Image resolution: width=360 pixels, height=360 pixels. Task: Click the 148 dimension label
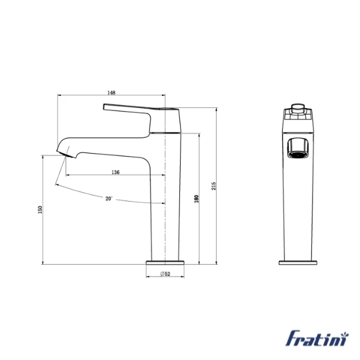(x=112, y=92)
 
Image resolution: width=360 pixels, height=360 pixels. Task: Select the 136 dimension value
(x=115, y=172)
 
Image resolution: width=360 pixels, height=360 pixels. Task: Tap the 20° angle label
(x=109, y=198)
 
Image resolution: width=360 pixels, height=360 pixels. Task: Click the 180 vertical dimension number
(x=196, y=198)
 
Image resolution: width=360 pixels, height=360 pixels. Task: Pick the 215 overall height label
(x=214, y=185)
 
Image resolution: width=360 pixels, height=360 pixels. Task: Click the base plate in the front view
(x=298, y=262)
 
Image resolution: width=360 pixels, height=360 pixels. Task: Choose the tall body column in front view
(x=298, y=204)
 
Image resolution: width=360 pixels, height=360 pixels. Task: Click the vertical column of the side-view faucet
(x=166, y=204)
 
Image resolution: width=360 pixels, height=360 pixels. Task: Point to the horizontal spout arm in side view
(x=108, y=145)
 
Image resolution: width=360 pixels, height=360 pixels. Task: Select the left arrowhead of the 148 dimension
(x=59, y=95)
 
